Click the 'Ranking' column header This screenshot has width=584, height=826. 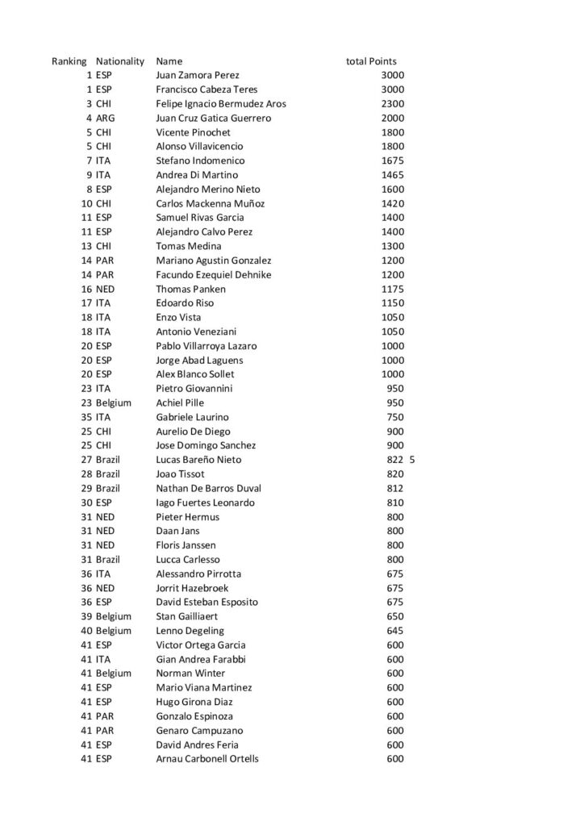pos(69,61)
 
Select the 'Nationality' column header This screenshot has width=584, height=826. pos(119,61)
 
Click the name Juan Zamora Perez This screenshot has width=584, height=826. pos(197,76)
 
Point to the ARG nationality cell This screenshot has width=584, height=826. pos(105,119)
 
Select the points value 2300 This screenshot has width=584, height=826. pos(393,104)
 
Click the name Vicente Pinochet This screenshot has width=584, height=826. pos(193,132)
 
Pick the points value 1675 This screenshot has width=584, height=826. pos(393,161)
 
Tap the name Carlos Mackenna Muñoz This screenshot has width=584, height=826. pos(210,203)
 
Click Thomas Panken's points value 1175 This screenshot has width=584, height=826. pos(393,289)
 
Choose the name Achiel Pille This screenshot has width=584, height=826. pos(180,403)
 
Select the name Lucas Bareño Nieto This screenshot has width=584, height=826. pos(198,460)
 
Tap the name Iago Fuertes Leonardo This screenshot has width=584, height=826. pos(205,503)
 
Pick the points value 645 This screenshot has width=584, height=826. pos(395,631)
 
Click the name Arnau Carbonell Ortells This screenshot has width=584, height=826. pos(207,759)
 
